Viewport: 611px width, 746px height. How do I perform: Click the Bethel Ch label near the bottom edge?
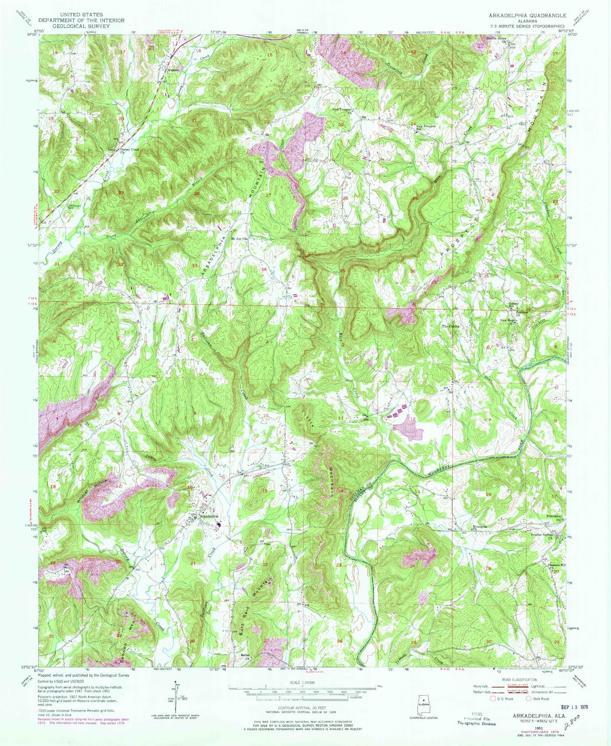[x=245, y=657]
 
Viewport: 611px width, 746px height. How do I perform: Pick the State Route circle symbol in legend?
[x=528, y=699]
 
